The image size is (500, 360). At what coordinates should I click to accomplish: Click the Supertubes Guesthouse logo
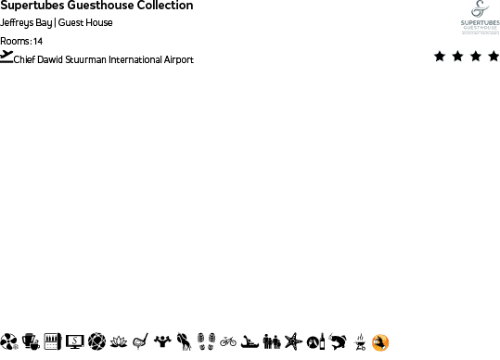point(480,17)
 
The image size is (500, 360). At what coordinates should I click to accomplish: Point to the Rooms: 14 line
point(21,41)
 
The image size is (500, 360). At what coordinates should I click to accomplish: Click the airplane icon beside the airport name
point(7,57)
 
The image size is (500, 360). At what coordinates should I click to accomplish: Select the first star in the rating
point(440,57)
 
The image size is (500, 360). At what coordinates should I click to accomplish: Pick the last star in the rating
point(493,57)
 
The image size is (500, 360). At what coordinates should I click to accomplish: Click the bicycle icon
point(228,341)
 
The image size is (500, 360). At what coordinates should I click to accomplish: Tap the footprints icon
point(207,341)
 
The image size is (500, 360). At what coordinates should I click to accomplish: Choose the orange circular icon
point(379,342)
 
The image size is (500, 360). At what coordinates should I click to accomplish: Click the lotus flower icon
point(118,341)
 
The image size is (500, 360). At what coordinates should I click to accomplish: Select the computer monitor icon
point(74,341)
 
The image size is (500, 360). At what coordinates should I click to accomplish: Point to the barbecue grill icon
point(359,342)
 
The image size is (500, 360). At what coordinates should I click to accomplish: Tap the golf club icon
point(140,341)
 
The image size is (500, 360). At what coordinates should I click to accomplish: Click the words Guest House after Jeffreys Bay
point(85,23)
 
